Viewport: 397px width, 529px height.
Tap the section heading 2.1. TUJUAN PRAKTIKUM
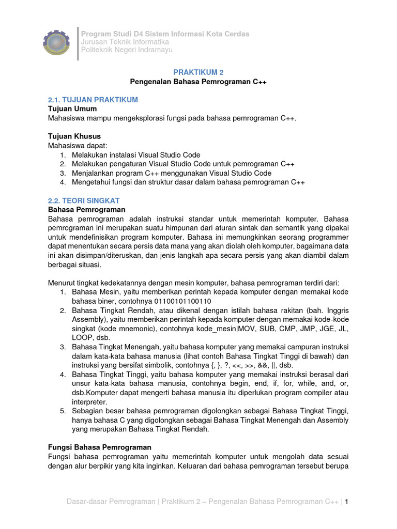coord(93,100)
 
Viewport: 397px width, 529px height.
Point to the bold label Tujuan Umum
coord(72,109)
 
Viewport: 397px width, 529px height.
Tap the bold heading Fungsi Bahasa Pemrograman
coord(99,447)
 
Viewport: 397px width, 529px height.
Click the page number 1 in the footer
coord(347,502)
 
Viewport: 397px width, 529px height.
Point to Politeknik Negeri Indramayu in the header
coord(127,50)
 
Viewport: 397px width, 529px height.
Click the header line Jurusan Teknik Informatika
coord(125,42)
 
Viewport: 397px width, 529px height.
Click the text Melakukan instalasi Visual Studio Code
coord(136,155)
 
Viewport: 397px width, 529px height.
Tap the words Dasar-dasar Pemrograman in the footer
coord(111,502)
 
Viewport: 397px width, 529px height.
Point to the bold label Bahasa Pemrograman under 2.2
coord(87,210)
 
